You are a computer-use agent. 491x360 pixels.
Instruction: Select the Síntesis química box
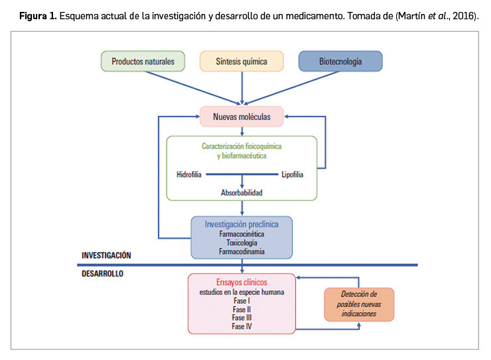point(242,61)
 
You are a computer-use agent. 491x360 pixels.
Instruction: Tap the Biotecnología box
point(340,61)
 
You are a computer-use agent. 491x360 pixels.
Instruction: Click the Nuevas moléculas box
point(242,117)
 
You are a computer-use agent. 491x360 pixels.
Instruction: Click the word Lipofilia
point(292,174)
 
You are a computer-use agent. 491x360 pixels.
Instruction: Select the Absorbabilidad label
point(242,193)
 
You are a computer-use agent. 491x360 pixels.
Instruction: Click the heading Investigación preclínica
point(242,224)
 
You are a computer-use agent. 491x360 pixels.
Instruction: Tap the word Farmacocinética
point(242,234)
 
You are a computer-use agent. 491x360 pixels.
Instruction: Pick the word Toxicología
point(242,243)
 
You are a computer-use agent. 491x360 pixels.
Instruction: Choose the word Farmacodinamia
point(242,251)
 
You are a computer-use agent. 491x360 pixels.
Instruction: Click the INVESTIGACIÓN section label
point(106,255)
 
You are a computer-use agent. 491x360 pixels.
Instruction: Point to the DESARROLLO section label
point(102,272)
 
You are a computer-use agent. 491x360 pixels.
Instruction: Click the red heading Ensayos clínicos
point(242,281)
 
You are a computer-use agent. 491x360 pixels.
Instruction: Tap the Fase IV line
point(242,326)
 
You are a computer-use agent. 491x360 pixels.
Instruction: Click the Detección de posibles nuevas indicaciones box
point(359,304)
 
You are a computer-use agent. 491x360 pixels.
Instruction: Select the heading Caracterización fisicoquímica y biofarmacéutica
point(242,150)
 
